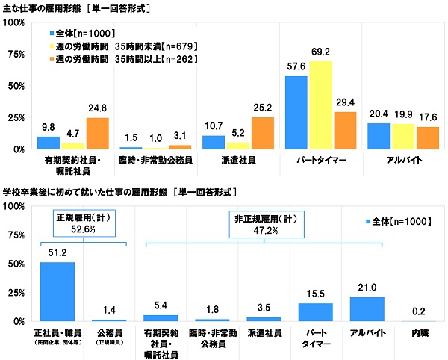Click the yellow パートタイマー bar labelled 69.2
[x=320, y=105]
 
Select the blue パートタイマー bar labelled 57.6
[x=296, y=113]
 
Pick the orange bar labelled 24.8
[x=98, y=133]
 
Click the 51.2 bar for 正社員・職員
[x=52, y=291]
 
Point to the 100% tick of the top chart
[x=14, y=23]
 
